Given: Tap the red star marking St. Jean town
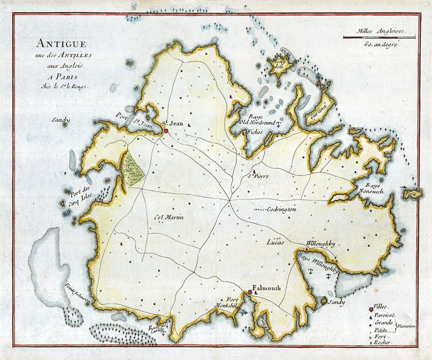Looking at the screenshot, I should tap(166, 130).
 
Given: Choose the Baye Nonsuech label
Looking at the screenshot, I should tap(374, 188).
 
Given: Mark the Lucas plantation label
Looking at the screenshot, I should tap(275, 242).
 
